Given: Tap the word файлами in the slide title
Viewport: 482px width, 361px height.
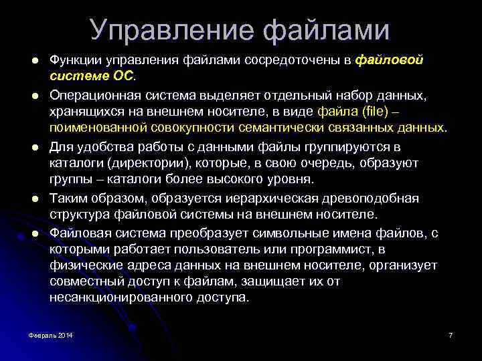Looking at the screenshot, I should click(x=326, y=31).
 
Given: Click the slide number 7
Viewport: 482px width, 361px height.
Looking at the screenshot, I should click(x=451, y=334).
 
